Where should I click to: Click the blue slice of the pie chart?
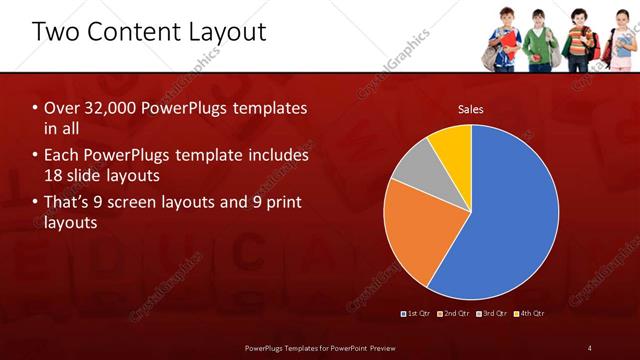point(510,220)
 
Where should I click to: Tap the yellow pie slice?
point(452,146)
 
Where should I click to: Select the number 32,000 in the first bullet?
point(106,107)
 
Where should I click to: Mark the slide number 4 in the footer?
point(589,347)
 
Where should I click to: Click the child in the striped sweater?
point(579,42)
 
